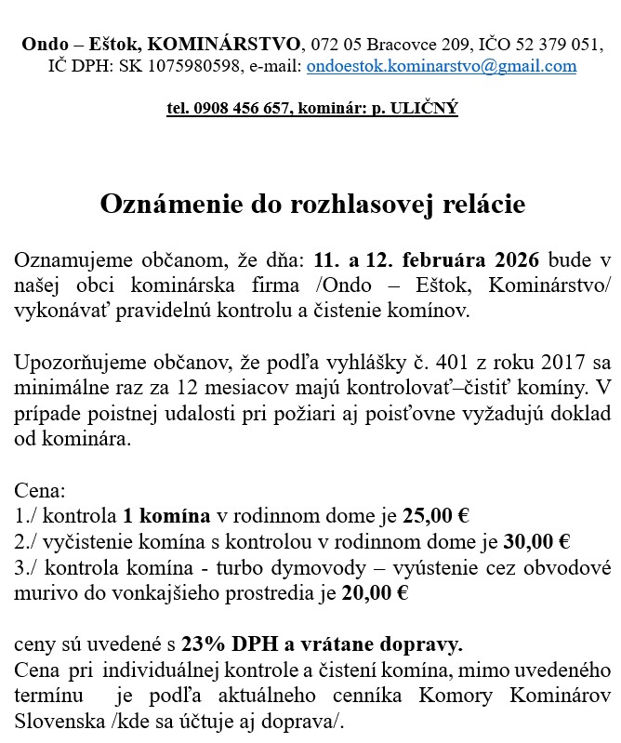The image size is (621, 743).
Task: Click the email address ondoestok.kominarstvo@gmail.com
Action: click(x=441, y=66)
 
